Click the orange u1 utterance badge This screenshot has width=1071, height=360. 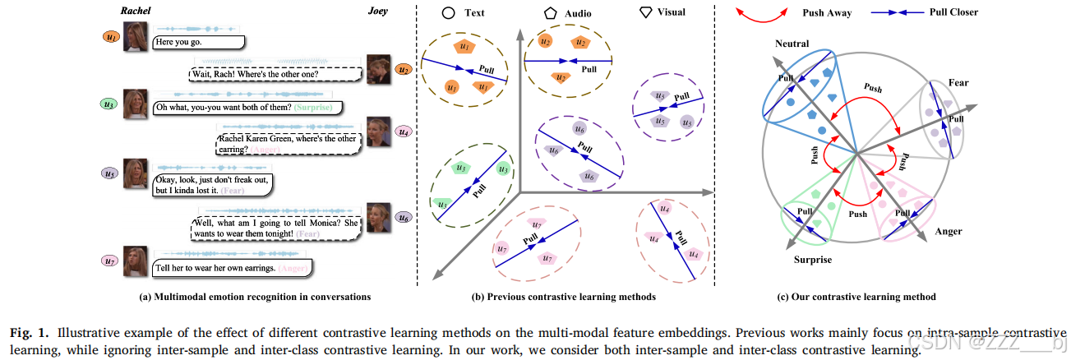click(x=108, y=37)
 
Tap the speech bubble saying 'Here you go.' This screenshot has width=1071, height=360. click(x=197, y=42)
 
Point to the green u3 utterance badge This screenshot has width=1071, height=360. click(x=108, y=104)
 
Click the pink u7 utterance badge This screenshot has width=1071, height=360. click(x=108, y=261)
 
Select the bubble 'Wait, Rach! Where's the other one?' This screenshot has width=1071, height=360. click(x=275, y=74)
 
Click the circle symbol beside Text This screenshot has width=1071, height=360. click(x=449, y=12)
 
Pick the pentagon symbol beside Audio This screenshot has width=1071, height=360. click(x=550, y=12)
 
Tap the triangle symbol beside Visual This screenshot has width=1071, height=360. click(x=646, y=12)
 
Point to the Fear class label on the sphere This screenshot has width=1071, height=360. click(x=958, y=84)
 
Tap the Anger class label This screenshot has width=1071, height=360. click(x=948, y=233)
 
